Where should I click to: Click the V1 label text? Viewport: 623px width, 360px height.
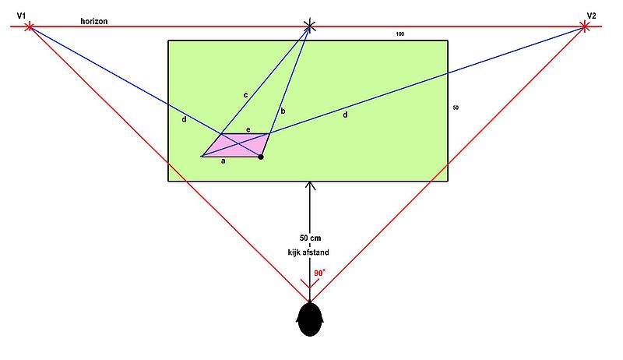(x=21, y=16)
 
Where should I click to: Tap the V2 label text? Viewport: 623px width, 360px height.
(x=591, y=16)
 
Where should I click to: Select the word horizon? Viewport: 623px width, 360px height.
(x=93, y=22)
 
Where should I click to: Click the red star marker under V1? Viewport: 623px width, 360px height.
(x=29, y=27)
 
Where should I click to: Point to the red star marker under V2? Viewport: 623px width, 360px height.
(x=583, y=27)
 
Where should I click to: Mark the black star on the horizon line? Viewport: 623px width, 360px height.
(x=309, y=26)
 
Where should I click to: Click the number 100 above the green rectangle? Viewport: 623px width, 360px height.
(x=400, y=34)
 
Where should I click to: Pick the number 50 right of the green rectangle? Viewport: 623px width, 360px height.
(x=456, y=108)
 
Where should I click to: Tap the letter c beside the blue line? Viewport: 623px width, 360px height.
(x=245, y=95)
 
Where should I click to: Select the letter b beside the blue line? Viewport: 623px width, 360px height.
(x=283, y=111)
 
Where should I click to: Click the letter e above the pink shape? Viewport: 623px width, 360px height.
(x=248, y=130)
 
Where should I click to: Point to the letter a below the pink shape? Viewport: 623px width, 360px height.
(x=224, y=161)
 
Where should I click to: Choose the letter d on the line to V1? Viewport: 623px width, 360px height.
(x=184, y=118)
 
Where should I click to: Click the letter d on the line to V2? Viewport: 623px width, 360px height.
(x=345, y=115)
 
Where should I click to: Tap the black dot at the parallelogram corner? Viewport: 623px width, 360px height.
(x=261, y=157)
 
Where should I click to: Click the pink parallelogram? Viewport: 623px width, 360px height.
(x=236, y=146)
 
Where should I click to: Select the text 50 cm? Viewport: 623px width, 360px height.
(x=310, y=238)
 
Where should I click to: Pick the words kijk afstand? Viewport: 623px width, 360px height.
(x=308, y=252)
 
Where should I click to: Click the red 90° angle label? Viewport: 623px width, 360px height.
(x=319, y=273)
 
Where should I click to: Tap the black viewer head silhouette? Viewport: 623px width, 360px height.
(x=309, y=319)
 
